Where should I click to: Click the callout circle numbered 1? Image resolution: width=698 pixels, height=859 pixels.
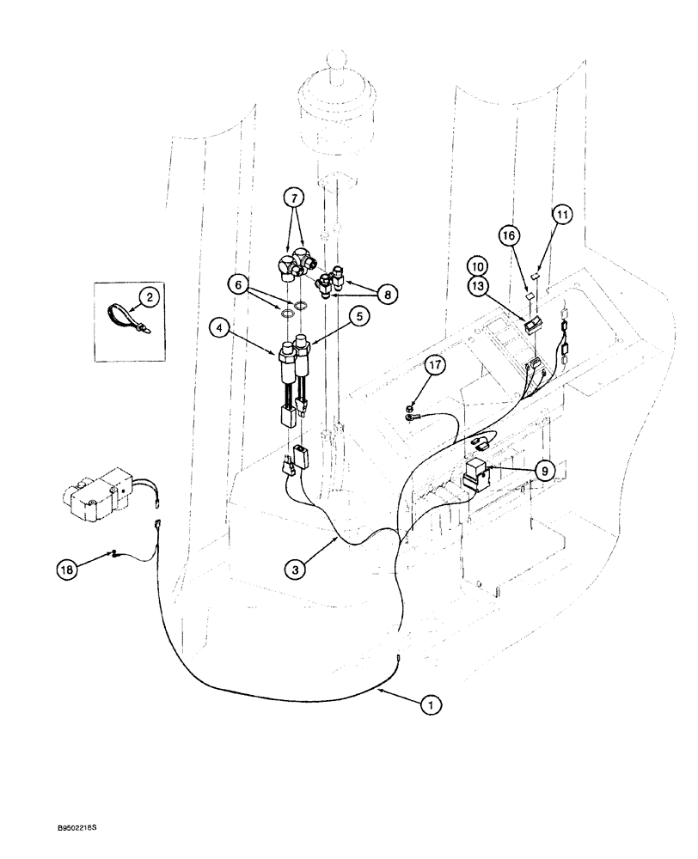click(430, 704)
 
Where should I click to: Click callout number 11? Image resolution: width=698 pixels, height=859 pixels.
click(562, 216)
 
